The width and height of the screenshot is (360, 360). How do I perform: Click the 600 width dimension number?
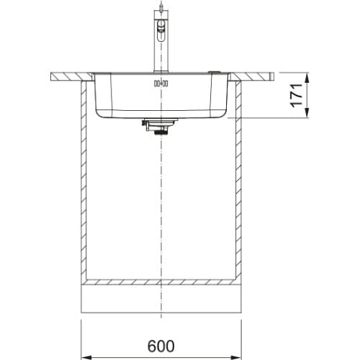click(161, 346)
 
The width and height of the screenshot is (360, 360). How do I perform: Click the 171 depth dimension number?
click(296, 95)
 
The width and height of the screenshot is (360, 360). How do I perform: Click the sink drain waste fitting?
click(159, 126)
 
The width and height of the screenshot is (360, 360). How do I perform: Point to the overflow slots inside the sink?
click(161, 84)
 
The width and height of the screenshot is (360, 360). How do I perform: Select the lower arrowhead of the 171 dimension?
click(307, 113)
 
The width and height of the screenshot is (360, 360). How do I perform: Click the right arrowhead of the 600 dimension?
click(236, 357)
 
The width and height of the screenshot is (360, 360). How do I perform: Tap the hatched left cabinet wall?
click(84, 180)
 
